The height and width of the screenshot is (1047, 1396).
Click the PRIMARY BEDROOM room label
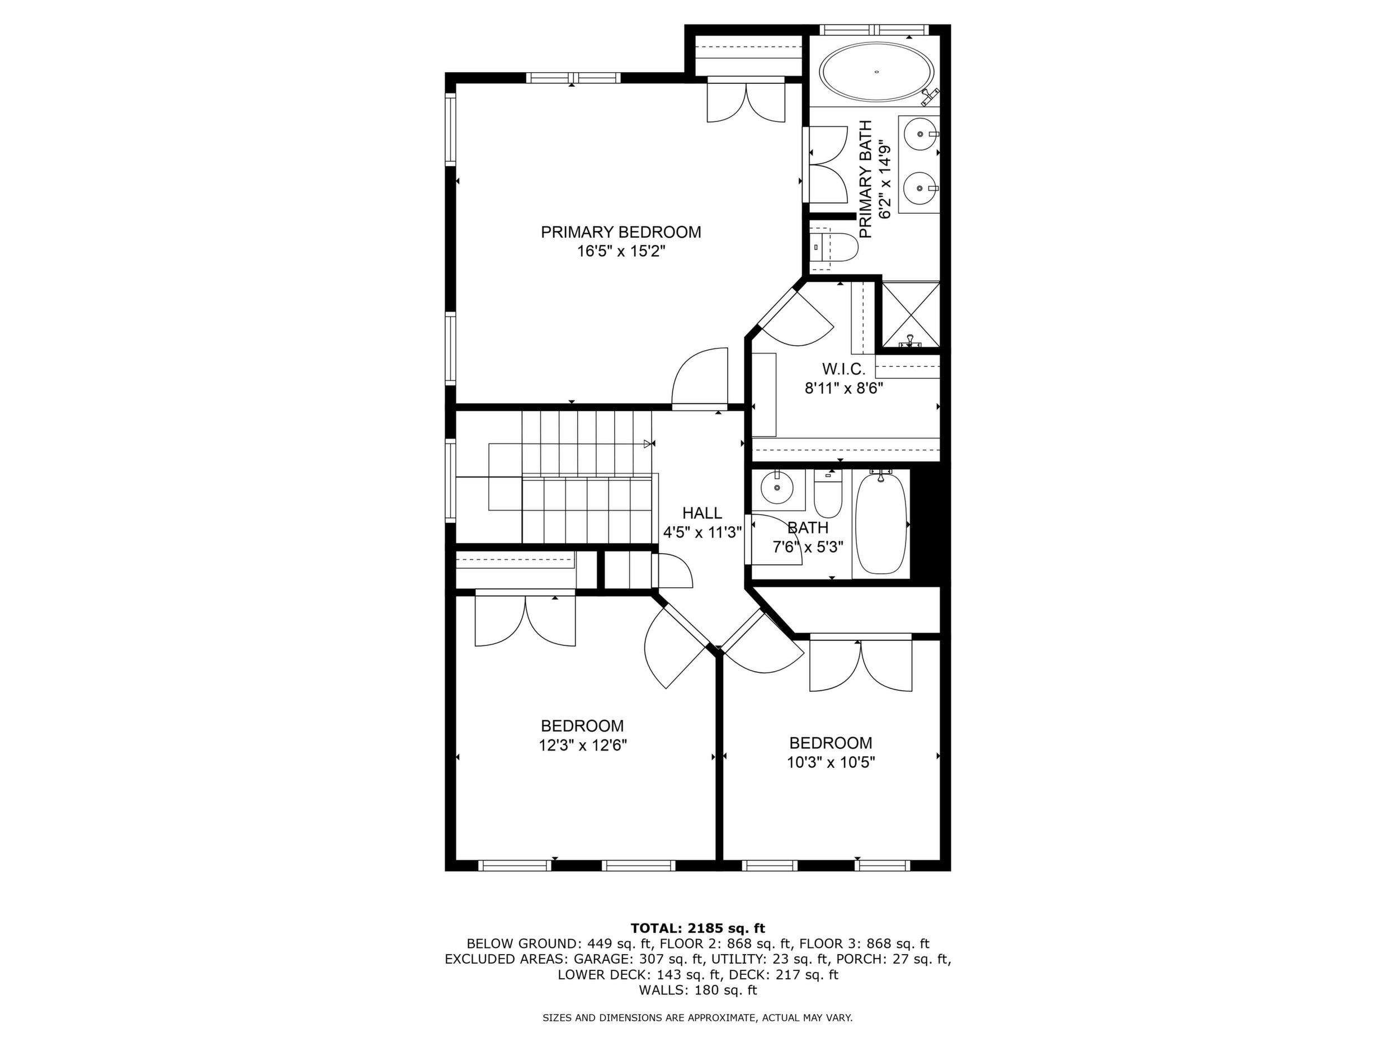pyautogui.click(x=621, y=232)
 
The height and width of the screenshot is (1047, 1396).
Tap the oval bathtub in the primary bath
pyautogui.click(x=877, y=73)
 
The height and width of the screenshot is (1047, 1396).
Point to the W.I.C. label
pyautogui.click(x=843, y=369)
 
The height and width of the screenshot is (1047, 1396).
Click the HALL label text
pyautogui.click(x=702, y=513)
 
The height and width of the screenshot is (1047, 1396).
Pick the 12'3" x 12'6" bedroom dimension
pyautogui.click(x=583, y=746)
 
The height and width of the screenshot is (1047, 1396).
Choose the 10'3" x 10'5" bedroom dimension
pyautogui.click(x=831, y=762)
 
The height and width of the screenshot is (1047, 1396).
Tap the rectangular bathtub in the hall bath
pyautogui.click(x=881, y=524)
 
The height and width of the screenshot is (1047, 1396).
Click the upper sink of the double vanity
pyautogui.click(x=921, y=134)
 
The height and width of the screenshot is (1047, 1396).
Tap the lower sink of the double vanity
pyautogui.click(x=921, y=187)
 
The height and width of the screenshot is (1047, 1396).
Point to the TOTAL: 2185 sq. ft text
pyautogui.click(x=697, y=928)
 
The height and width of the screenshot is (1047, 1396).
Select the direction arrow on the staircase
pyautogui.click(x=648, y=444)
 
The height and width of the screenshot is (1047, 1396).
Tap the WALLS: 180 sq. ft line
pyautogui.click(x=697, y=990)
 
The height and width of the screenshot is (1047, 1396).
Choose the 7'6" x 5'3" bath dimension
pyautogui.click(x=808, y=547)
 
